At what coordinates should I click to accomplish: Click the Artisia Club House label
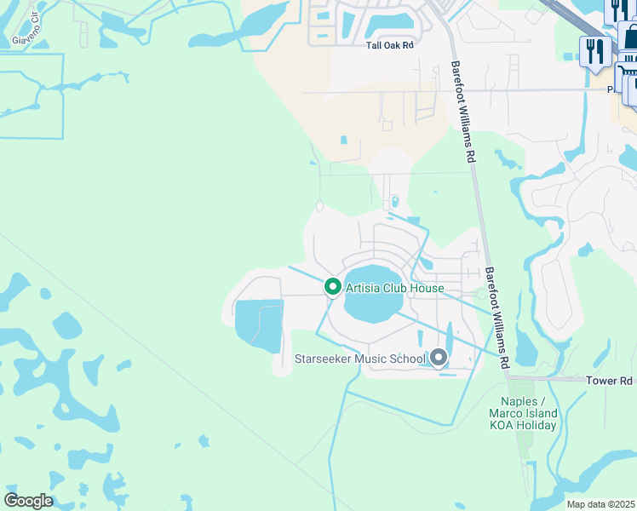394,288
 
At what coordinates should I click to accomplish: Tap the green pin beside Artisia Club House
333,288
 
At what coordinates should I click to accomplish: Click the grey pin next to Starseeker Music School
439,358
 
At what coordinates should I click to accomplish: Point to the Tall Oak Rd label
389,45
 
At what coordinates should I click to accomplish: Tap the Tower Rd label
610,381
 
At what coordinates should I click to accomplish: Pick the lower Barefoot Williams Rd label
497,317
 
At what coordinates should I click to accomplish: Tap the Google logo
27,501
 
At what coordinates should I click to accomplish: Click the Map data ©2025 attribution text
601,504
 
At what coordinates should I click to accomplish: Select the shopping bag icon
630,36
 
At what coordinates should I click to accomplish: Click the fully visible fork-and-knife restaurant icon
591,51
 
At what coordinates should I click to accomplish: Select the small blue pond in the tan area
343,141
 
